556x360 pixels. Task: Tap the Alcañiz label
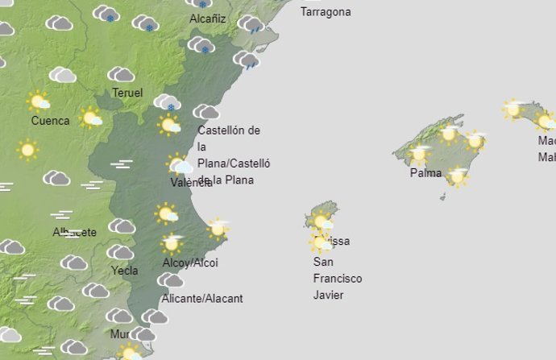[207, 19]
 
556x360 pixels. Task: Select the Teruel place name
[127, 93]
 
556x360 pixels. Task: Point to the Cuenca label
[50, 121]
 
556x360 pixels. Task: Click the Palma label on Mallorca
[425, 172]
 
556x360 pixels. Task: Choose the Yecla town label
[124, 271]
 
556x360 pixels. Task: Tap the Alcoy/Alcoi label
[189, 263]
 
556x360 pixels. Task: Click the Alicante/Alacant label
[202, 298]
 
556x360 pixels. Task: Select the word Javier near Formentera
[328, 295]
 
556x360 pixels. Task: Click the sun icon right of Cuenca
[92, 118]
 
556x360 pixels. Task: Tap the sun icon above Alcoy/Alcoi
[171, 242]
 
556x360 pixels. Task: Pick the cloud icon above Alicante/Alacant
[170, 280]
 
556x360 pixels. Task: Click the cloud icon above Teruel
[121, 75]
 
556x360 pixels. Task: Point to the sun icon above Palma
[418, 153]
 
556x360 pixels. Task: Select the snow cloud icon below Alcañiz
[201, 45]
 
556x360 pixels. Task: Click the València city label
[191, 182]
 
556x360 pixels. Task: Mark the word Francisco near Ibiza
[337, 279]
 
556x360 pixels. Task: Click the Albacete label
[74, 232]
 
